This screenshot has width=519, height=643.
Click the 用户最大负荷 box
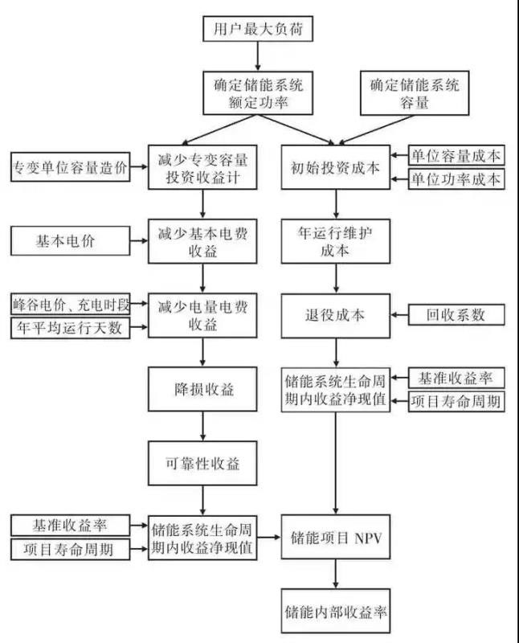coord(258,31)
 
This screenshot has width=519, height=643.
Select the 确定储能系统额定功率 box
coord(258,92)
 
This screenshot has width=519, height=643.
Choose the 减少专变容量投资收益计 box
coord(202,167)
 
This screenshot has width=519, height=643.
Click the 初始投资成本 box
coord(335,167)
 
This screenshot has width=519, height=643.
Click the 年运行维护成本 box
coord(335,240)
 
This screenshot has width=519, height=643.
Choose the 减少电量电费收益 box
coord(202,315)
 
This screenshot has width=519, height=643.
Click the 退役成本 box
coord(335,315)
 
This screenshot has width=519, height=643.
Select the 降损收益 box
coord(202,389)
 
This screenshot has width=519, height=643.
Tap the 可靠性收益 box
coord(202,464)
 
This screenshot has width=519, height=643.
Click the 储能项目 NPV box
coord(335,538)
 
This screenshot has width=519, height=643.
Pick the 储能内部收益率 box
coord(335,612)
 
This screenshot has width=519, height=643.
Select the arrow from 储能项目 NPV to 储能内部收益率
coord(335,575)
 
